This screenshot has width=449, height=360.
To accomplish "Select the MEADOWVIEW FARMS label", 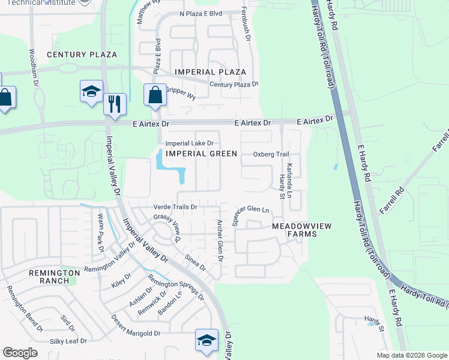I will coord(294,230).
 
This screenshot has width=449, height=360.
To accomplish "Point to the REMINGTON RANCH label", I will coord(55,276).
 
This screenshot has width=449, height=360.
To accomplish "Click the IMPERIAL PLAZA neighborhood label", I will coord(210,72).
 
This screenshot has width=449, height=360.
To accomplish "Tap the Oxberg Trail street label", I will coord(271,154).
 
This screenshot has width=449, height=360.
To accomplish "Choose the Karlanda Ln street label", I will coord(289,181).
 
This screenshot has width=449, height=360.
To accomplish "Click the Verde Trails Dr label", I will coord(176,207).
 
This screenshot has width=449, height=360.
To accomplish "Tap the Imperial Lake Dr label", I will coord(190,143).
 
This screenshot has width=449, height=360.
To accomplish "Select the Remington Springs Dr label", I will coord(176,290).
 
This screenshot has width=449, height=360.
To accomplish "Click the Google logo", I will coord(20,353).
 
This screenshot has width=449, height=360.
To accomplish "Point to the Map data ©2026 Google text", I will coord(411,355).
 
